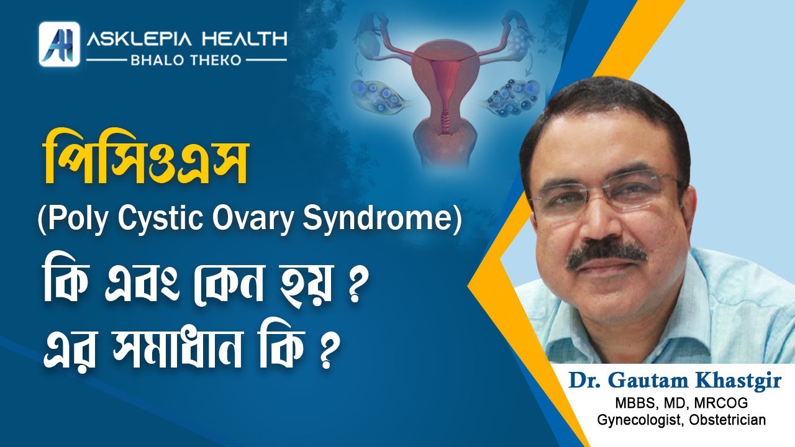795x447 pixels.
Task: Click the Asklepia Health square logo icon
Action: (59, 44)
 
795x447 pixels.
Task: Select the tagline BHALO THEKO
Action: (186, 60)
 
